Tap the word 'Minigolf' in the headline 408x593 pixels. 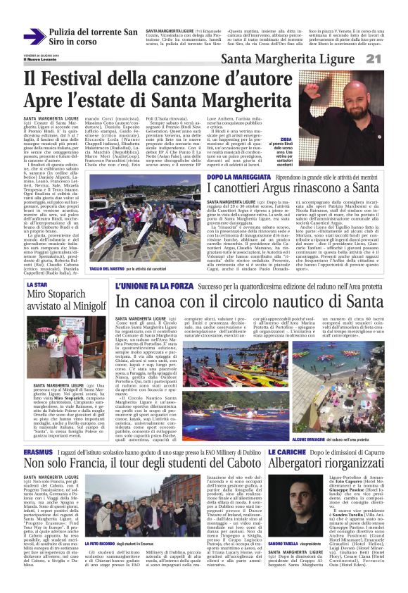pos(82,306)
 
